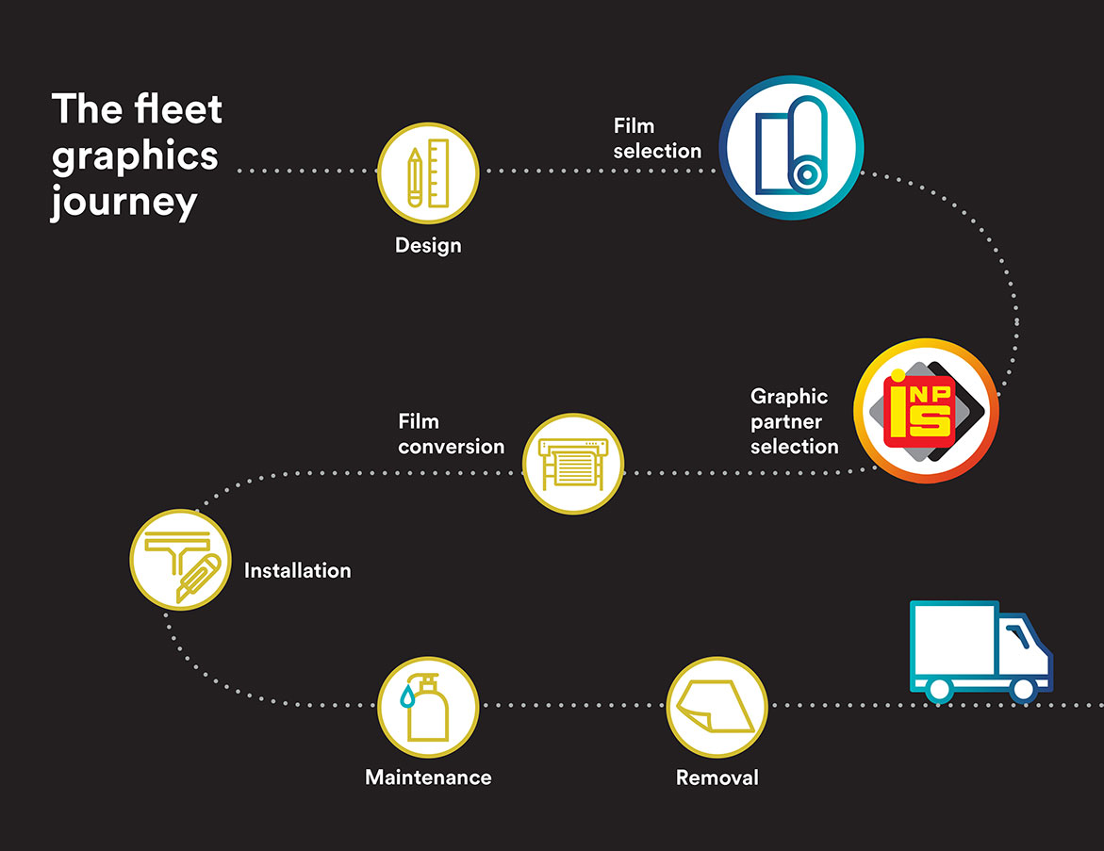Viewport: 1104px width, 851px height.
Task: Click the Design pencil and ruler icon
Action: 428,173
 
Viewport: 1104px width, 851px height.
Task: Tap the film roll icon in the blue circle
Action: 791,148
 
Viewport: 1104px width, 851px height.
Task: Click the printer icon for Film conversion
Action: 573,464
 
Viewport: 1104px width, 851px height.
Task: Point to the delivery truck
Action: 980,652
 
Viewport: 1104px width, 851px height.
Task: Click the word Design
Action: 428,246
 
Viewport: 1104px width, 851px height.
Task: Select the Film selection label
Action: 658,138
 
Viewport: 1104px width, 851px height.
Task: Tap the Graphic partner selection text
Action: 794,421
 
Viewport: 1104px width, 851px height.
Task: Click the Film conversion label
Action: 452,434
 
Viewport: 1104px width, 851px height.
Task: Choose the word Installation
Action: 297,570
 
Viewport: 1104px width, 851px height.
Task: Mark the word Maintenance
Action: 428,777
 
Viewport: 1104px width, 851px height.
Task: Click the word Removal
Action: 717,777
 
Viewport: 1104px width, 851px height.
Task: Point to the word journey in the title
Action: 124,204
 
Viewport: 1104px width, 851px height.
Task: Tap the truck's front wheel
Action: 1023,690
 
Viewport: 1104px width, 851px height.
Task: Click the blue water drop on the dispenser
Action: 407,696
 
